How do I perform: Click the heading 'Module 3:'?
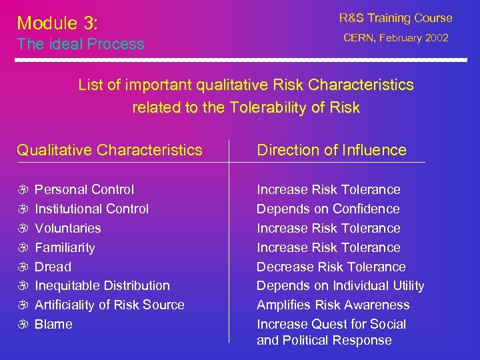[x=57, y=23]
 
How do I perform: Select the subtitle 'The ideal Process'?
[x=81, y=45]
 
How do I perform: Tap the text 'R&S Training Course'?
[x=395, y=19]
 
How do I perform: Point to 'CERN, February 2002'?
[x=396, y=39]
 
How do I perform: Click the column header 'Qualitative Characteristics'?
[x=109, y=150]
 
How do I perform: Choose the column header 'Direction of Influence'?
[x=331, y=150]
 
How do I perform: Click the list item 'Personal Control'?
[x=84, y=190]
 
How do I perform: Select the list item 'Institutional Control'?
[x=91, y=209]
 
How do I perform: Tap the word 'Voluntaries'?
[x=68, y=229]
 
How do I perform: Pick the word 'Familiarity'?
[x=65, y=248]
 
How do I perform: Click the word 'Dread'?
[x=53, y=267]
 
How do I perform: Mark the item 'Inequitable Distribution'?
[x=102, y=286]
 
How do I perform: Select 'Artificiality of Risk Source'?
[x=109, y=305]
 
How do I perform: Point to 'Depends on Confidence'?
[x=328, y=209]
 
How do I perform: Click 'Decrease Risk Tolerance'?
[x=331, y=267]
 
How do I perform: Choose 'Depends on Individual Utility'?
[x=340, y=286]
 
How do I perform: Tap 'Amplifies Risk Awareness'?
[x=333, y=305]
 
